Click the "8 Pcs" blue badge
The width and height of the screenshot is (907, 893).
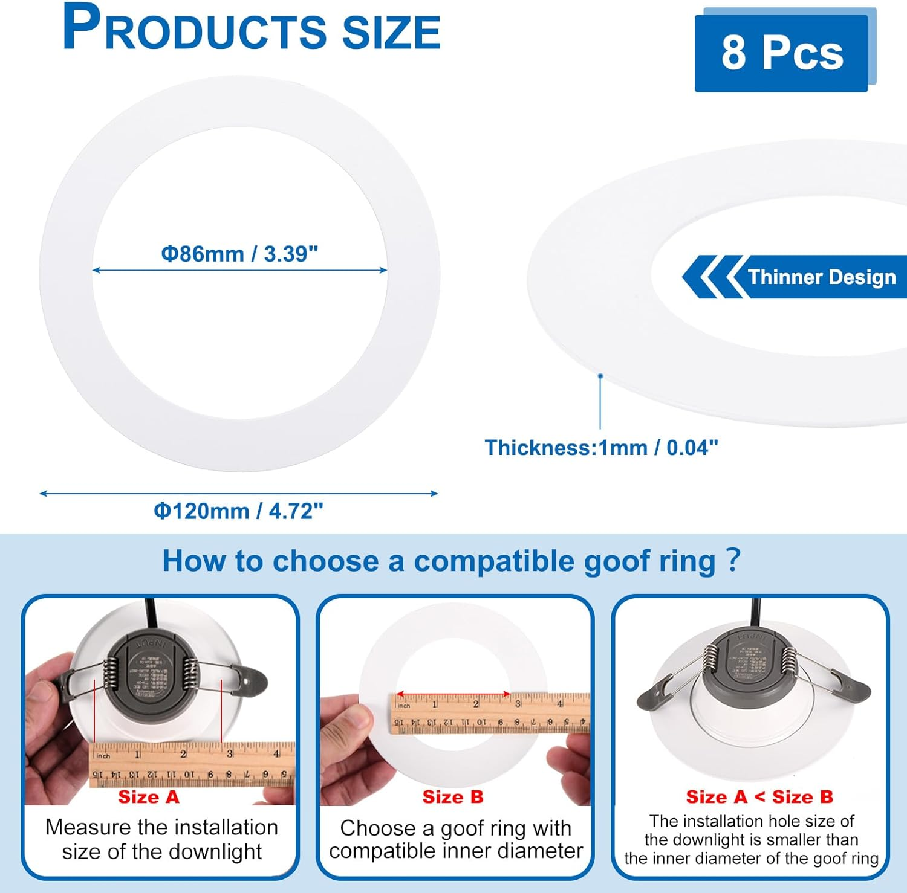[x=781, y=53]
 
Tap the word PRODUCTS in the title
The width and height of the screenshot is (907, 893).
[x=193, y=29]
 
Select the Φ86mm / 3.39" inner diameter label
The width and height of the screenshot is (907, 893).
[x=239, y=254]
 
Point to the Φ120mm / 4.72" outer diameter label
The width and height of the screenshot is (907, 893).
[x=238, y=511]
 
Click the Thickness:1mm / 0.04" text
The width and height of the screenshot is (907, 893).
[x=601, y=448]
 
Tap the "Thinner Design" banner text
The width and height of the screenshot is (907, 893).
[x=822, y=277]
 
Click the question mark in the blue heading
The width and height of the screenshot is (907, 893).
[x=733, y=560]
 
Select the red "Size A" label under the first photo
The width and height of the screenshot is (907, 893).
[x=149, y=797]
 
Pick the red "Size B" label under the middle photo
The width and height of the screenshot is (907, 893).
[x=453, y=797]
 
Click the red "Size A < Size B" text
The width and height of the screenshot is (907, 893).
[x=759, y=797]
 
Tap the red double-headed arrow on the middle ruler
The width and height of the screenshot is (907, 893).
[x=453, y=694]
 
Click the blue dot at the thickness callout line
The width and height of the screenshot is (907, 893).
[x=600, y=376]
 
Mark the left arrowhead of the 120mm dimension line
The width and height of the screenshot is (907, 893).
[x=43, y=494]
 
